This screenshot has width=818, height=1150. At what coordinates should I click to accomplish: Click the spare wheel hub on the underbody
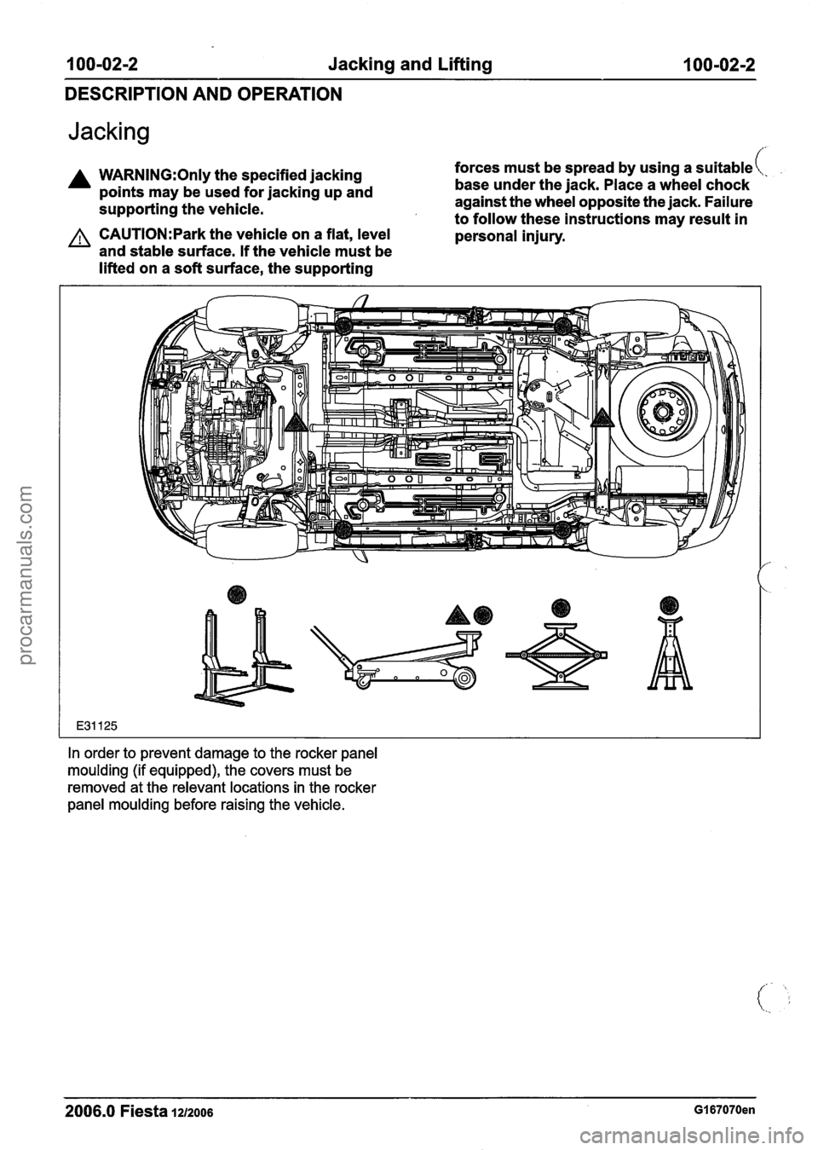pos(661,412)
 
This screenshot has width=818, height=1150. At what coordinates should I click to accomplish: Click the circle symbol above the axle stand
pos(670,604)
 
